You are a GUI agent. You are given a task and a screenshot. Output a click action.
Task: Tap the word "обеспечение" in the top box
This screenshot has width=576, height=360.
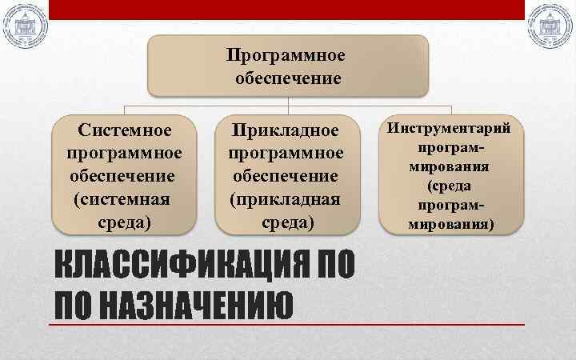point(288,78)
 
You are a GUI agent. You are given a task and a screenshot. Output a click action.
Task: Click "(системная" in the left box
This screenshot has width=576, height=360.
point(125,197)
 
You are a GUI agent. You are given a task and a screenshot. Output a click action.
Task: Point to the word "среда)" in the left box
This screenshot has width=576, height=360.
point(125,219)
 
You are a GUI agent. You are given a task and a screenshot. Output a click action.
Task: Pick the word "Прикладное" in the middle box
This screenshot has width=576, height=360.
point(286,130)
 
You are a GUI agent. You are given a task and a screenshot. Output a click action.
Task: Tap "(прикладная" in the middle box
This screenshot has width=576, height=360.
point(286,198)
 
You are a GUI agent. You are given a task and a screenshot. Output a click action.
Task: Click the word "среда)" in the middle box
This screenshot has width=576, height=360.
point(286,220)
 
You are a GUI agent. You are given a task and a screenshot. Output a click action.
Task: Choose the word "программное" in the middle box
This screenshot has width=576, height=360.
point(286,152)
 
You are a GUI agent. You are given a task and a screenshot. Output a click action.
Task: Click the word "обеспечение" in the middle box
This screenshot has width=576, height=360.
point(286,174)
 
